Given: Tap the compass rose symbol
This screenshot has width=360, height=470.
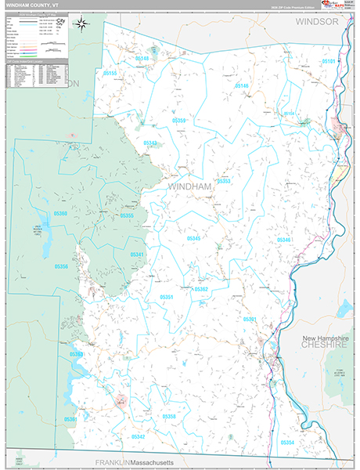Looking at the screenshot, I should click(81, 25).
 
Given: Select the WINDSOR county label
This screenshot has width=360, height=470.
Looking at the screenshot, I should click(317, 22).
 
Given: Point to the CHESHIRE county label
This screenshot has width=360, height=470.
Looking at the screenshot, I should click(323, 345).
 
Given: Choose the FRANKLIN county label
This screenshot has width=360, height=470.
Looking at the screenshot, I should click(110, 463).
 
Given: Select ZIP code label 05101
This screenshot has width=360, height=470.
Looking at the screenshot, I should click(328, 61).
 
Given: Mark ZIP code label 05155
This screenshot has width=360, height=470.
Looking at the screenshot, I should click(110, 74).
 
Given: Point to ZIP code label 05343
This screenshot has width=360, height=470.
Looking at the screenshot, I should click(150, 143).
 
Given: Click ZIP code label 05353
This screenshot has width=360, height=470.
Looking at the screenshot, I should click(225, 181).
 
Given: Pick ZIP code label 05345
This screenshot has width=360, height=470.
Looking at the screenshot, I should click(193, 238).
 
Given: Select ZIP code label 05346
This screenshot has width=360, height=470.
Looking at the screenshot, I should click(283, 240).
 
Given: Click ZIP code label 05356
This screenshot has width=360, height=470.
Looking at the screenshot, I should click(61, 267).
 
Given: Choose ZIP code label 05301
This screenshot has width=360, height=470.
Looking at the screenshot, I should click(250, 320).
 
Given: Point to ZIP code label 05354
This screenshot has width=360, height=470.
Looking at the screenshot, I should click(287, 443).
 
